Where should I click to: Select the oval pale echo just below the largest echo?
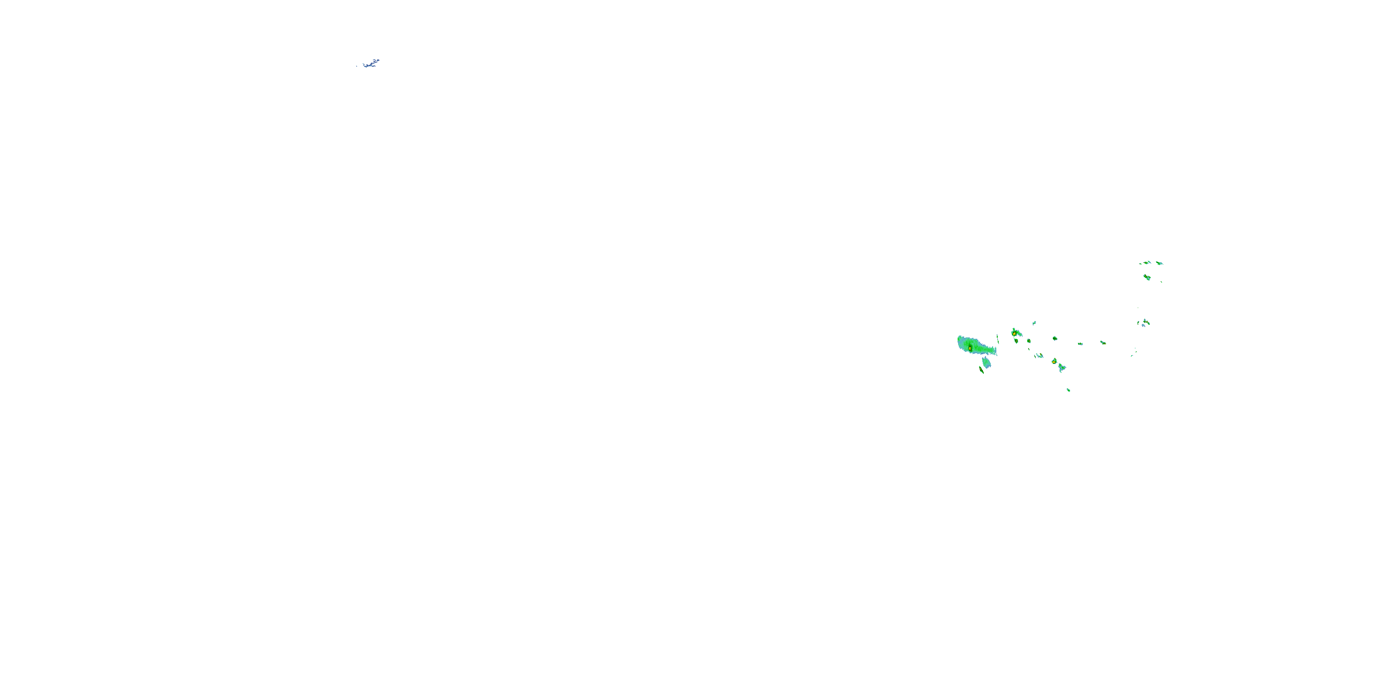click(987, 363)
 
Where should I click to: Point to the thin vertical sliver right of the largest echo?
click(997, 339)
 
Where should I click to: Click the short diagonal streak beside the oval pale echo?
click(981, 370)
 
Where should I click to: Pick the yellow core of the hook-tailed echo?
click(1014, 333)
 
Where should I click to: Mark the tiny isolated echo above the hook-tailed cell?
click(1034, 323)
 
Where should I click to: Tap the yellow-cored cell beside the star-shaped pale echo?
click(1054, 361)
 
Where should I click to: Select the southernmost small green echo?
click(1069, 390)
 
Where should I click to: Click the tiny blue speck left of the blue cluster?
click(357, 66)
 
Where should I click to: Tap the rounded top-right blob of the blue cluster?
click(377, 60)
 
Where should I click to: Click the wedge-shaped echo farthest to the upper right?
click(1159, 263)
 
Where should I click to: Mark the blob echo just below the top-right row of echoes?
click(1147, 277)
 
